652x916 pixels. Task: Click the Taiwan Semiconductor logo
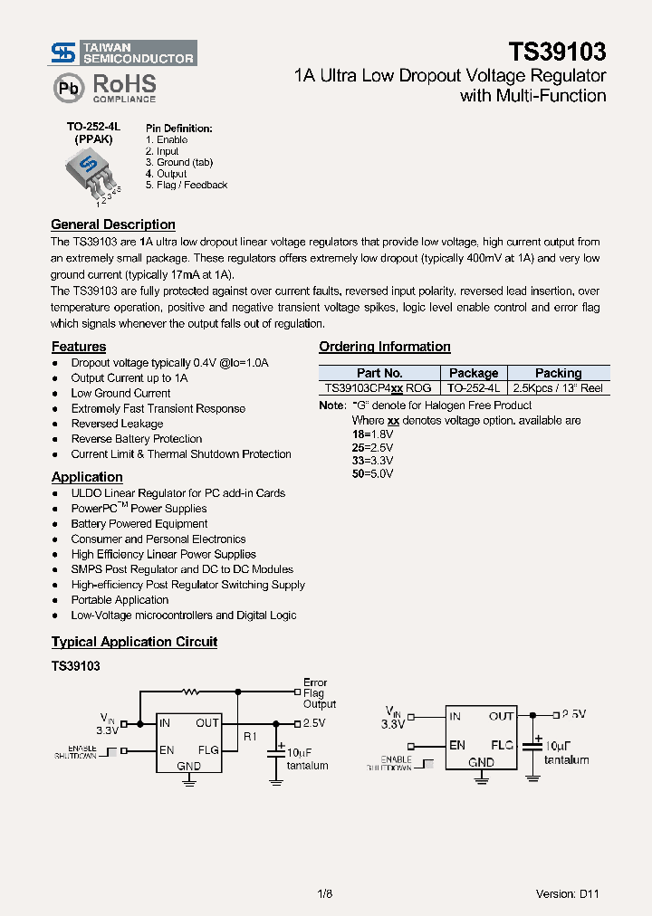(x=123, y=53)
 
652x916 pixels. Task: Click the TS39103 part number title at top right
(x=557, y=52)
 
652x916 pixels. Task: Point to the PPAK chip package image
(x=90, y=170)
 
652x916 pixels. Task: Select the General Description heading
(x=113, y=224)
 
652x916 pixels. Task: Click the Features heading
(x=79, y=347)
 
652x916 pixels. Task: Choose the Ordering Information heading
(x=384, y=347)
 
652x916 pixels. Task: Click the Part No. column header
(x=379, y=373)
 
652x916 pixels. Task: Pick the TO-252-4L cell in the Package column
(x=474, y=387)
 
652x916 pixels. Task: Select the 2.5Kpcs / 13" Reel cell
(x=558, y=387)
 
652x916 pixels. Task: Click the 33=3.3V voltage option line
(x=372, y=460)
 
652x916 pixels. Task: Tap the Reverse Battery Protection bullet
(x=137, y=439)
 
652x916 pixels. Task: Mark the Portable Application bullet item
(x=120, y=600)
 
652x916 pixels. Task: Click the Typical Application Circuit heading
(x=134, y=642)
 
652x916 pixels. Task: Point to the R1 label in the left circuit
(x=251, y=737)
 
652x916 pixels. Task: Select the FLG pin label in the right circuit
(x=503, y=745)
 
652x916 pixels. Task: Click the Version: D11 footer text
(x=567, y=893)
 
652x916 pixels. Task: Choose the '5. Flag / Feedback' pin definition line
(x=187, y=185)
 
